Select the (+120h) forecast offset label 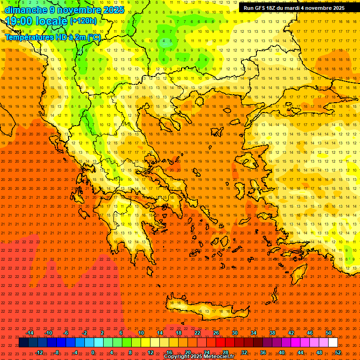pos(83,21)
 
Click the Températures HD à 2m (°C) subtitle pos(52,37)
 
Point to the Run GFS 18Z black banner pos(294,8)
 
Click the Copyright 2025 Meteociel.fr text pos(199,357)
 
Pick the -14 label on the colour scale pos(30,333)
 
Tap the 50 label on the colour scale pos(328,333)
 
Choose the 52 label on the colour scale pos(337,352)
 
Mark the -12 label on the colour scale pos(39,352)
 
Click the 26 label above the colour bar pos(216,333)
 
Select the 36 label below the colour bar pos(262,352)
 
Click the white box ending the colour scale pos(333,343)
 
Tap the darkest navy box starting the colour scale pos(23,343)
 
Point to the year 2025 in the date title pos(113,9)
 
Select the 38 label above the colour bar pos(272,333)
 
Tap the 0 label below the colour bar pos(93,352)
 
